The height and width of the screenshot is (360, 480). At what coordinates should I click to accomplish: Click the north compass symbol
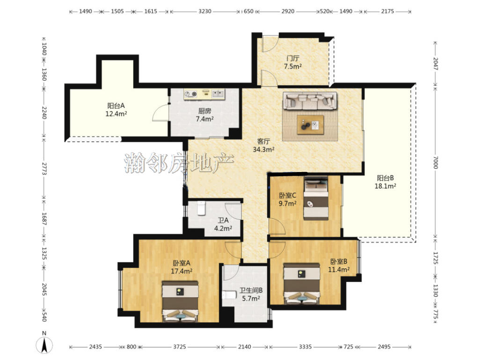point(44,345)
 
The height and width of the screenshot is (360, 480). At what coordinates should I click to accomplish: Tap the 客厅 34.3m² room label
point(263,145)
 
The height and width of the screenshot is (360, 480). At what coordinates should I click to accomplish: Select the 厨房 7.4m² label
point(205,115)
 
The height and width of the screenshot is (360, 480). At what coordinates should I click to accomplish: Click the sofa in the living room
point(310,101)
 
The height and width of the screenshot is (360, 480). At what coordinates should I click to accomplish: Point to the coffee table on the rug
point(310,124)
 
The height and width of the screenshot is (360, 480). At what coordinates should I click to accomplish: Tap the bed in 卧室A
point(180,302)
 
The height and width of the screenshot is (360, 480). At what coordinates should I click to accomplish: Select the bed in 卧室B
point(302,284)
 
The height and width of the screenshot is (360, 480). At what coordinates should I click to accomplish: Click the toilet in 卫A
point(201,208)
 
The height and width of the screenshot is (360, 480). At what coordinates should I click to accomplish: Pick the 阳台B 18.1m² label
point(385,182)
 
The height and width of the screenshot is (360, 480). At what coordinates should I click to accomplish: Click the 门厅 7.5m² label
point(293,62)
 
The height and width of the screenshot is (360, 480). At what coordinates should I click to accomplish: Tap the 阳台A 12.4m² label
point(116,110)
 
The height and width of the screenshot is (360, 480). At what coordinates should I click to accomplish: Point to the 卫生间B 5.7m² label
point(251,294)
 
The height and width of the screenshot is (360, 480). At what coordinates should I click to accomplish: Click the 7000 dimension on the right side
point(435,162)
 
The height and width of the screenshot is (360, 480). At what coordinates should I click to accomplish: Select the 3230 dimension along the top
point(205,11)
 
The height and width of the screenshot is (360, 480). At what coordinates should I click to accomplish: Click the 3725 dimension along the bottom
point(180,346)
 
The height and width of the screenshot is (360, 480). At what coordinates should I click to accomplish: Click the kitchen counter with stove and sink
point(204,94)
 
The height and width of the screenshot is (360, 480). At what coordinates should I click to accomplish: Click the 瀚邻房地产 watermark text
point(179,162)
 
